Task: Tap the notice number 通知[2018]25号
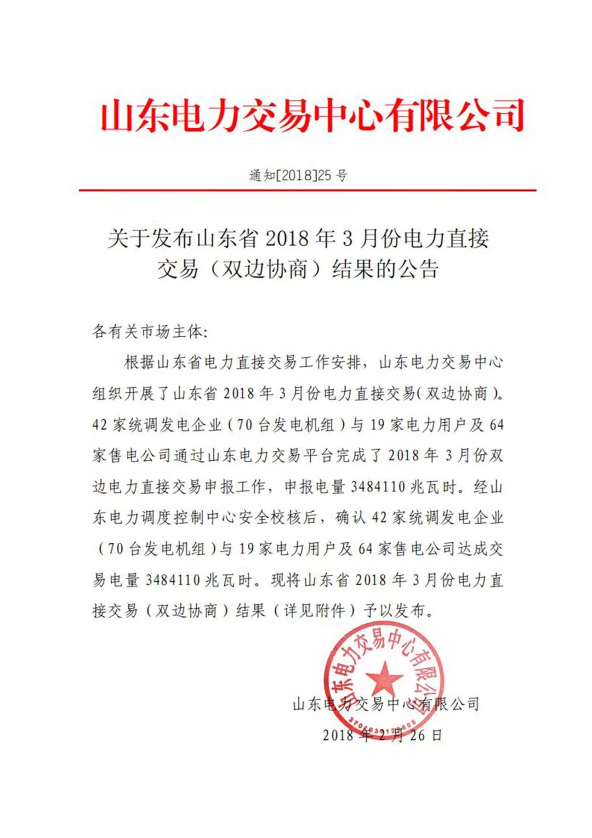coord(298,175)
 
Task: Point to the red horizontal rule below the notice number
coord(307,190)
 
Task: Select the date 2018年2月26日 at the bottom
coord(382,735)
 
